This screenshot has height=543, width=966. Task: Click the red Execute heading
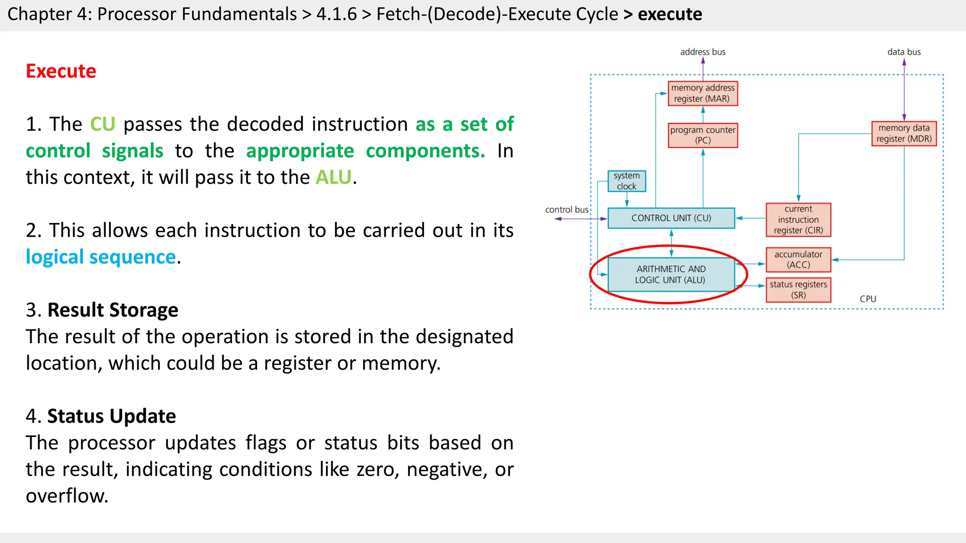point(61,71)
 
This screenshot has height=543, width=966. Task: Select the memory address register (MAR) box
point(702,93)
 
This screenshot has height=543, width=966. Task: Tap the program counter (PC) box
point(702,135)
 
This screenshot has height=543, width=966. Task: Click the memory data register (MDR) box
point(904,133)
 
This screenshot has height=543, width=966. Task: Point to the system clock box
point(626,181)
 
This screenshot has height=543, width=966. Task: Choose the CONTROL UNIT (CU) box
point(671,218)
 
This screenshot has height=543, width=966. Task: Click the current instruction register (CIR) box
point(798,220)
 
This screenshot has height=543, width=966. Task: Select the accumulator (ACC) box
point(798,260)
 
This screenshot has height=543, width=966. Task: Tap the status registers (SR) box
point(798,289)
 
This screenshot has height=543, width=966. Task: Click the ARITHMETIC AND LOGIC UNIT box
point(671,274)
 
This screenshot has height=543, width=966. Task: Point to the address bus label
point(702,52)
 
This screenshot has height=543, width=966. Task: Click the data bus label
point(904,52)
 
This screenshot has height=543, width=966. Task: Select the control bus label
point(566,210)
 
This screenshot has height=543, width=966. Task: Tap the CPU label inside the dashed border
point(867,299)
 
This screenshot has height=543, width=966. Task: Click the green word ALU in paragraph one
point(333,178)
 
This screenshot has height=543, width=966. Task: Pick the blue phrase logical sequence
point(101,257)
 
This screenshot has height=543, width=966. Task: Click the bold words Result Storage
point(113,310)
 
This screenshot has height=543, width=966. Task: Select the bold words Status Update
point(111,416)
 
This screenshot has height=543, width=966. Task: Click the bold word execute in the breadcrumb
point(670,14)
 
